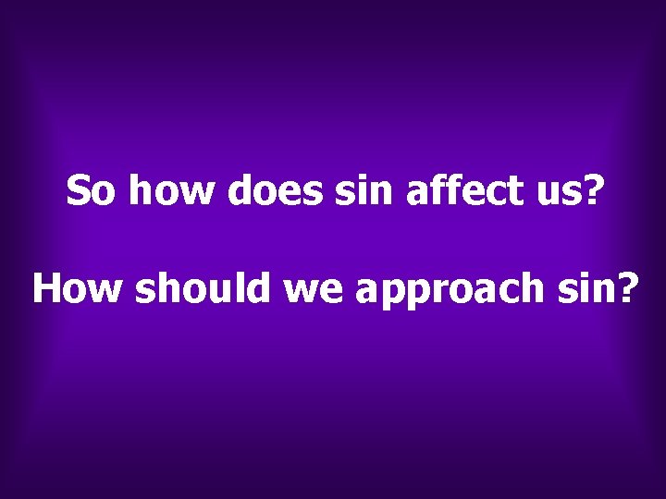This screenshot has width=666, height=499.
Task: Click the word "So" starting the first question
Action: [92, 191]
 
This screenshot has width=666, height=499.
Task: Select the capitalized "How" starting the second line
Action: [79, 289]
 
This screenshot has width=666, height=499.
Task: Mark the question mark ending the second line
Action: [629, 289]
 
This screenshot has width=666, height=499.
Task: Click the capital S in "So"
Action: [78, 191]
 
